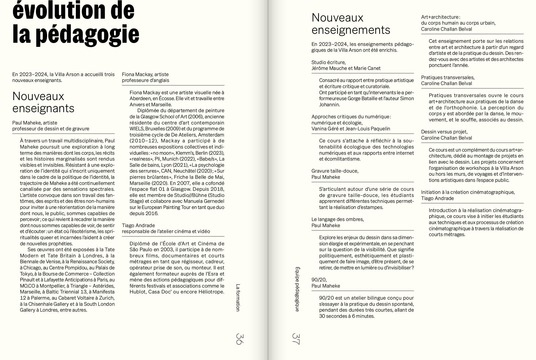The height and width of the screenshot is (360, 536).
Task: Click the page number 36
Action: tap(240, 339)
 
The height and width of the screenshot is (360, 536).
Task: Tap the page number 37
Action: tap(296, 339)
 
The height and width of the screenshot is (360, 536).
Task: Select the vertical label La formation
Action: tap(238, 298)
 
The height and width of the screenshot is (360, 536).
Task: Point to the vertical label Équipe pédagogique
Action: tap(297, 289)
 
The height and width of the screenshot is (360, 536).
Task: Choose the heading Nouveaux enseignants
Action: tap(43, 102)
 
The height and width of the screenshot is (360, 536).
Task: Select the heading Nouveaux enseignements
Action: tap(351, 24)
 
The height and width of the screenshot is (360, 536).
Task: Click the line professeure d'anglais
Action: tap(145, 80)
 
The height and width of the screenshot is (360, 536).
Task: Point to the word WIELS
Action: tap(137, 129)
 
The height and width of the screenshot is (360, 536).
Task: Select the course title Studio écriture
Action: tap(328, 62)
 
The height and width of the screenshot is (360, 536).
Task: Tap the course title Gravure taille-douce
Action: tap(335, 171)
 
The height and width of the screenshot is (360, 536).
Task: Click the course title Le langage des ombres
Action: tap(337, 219)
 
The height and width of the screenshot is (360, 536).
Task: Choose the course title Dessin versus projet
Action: tap(444, 132)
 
